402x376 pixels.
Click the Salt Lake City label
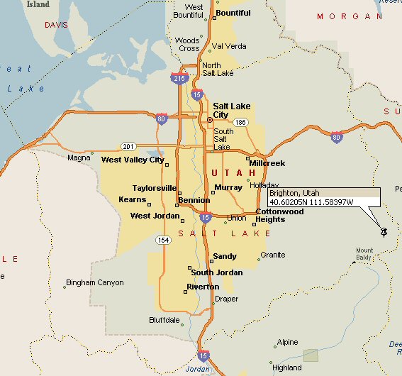click(x=231, y=111)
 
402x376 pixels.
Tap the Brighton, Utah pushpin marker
click(x=384, y=231)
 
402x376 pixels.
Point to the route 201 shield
click(x=128, y=146)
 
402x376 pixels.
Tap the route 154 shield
click(x=163, y=240)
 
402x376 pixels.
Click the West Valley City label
click(x=133, y=160)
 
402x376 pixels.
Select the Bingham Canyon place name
click(x=94, y=282)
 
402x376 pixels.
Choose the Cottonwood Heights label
click(x=279, y=216)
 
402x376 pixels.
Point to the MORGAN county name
click(x=344, y=16)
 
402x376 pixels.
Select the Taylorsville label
click(x=154, y=188)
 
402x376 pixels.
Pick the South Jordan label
click(x=216, y=273)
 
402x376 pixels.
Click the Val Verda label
click(x=229, y=46)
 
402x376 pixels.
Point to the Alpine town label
click(x=287, y=342)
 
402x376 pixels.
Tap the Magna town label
click(x=78, y=158)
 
